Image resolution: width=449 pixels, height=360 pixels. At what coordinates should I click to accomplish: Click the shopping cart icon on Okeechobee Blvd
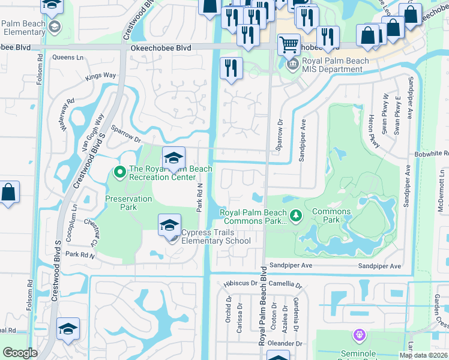click(x=289, y=44)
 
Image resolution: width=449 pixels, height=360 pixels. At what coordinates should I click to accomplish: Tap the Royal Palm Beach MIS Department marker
click(x=292, y=64)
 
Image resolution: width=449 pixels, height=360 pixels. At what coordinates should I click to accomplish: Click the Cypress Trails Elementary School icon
click(x=169, y=226)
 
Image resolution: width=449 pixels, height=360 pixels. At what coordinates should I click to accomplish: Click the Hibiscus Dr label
click(x=235, y=283)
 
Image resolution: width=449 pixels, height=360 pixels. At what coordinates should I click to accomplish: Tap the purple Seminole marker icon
click(x=360, y=334)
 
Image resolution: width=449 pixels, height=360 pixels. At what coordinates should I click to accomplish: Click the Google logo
click(x=20, y=353)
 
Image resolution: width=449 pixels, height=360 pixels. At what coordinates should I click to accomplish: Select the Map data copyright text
click(x=423, y=355)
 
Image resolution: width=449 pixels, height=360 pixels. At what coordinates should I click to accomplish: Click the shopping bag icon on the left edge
click(x=8, y=193)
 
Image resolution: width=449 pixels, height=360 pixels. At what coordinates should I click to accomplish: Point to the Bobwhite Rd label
click(x=431, y=154)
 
